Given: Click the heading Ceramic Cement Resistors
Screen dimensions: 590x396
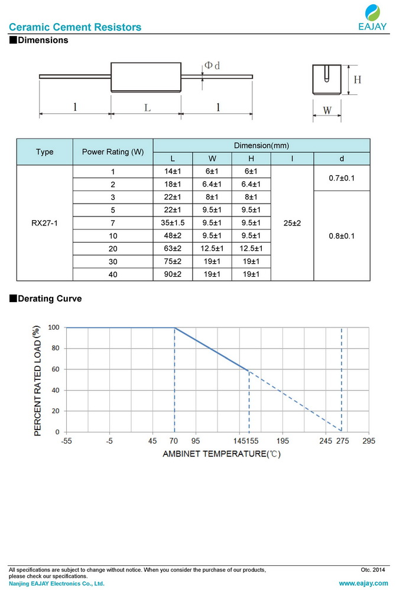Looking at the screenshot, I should pyautogui.click(x=76, y=27).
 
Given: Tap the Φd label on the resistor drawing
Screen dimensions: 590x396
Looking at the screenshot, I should pyautogui.click(x=212, y=66).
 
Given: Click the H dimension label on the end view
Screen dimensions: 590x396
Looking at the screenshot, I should pyautogui.click(x=357, y=79).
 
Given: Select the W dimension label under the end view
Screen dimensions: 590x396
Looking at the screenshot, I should pyautogui.click(x=327, y=110).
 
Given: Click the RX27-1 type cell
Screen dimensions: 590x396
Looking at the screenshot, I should pyautogui.click(x=44, y=223).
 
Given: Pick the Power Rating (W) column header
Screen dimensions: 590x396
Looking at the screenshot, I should pyautogui.click(x=112, y=152).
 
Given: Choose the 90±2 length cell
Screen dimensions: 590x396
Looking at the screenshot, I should pyautogui.click(x=173, y=274).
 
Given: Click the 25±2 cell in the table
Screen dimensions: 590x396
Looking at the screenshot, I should pyautogui.click(x=292, y=223).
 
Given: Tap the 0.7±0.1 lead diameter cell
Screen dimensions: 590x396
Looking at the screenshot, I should pyautogui.click(x=342, y=178).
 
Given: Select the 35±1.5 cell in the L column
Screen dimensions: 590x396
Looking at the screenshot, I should pyautogui.click(x=173, y=222).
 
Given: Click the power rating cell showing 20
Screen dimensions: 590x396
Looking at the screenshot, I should pyautogui.click(x=112, y=248).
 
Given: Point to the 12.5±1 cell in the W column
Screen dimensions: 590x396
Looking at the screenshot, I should pyautogui.click(x=213, y=248).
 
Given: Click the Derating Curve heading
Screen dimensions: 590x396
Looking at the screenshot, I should pyautogui.click(x=50, y=299).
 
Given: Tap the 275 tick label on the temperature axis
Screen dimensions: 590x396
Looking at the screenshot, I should pyautogui.click(x=342, y=441).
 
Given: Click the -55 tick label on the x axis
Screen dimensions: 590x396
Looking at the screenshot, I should pyautogui.click(x=66, y=441).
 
